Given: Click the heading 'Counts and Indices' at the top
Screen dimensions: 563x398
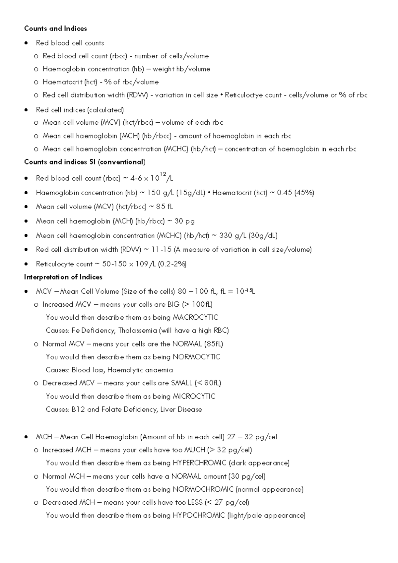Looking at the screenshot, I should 55,29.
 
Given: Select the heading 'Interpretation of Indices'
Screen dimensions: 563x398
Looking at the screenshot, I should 63,277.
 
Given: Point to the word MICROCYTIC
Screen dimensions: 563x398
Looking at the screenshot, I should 194,396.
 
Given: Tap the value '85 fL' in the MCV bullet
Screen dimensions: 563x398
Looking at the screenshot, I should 165,207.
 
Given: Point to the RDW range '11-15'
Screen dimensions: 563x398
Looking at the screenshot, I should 161,249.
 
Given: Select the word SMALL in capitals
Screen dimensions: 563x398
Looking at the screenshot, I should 181,383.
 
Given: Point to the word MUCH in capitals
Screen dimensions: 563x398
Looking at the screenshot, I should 194,450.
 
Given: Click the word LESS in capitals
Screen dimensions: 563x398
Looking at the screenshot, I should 195,502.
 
